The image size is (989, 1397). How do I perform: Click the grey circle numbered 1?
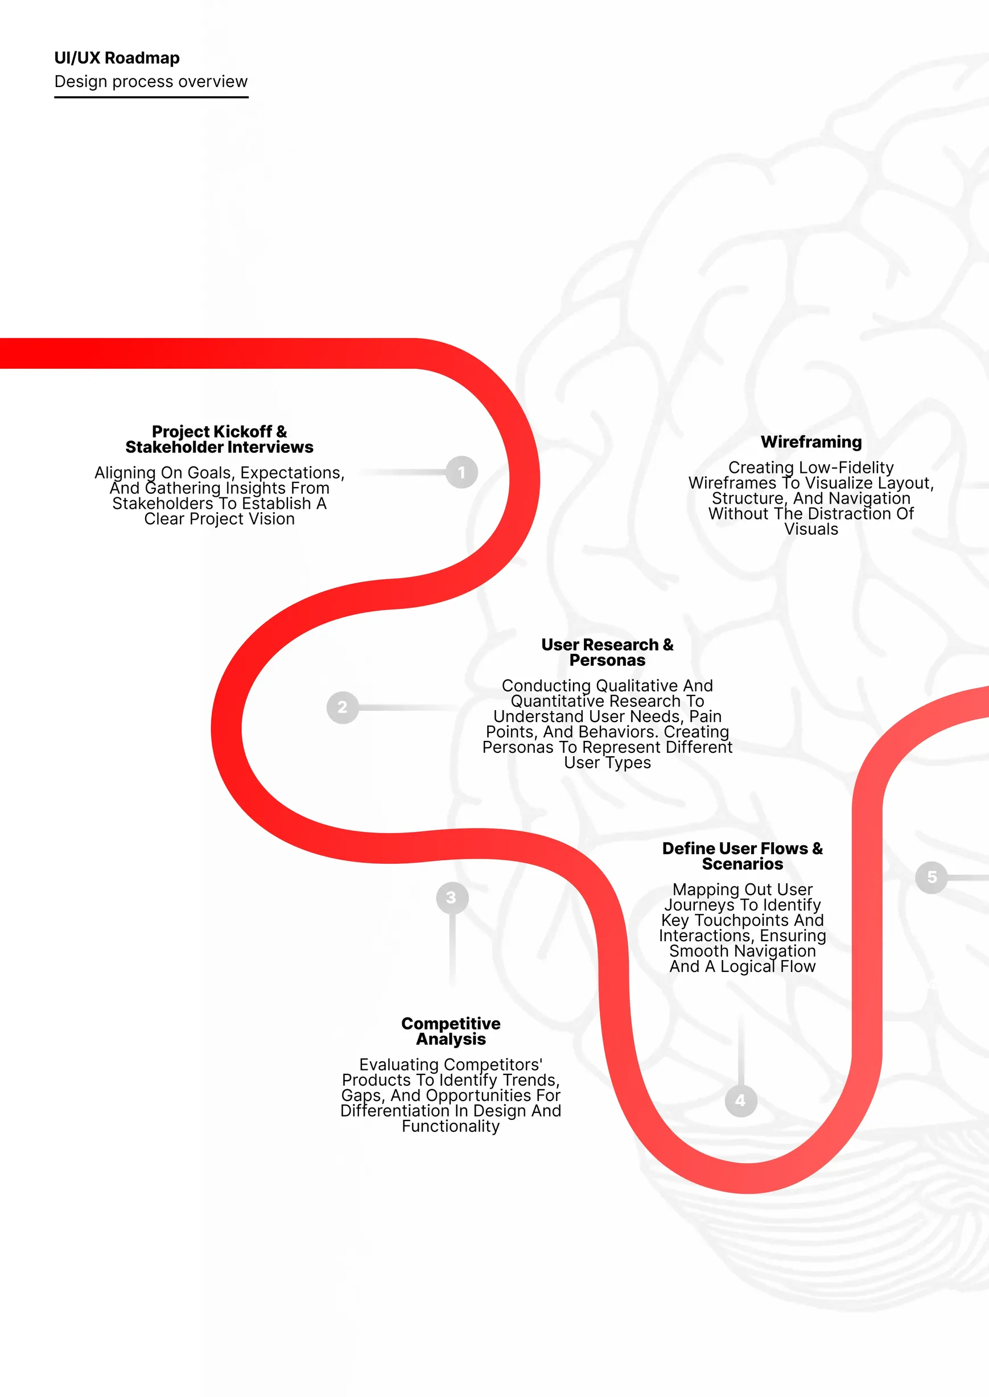click(x=461, y=472)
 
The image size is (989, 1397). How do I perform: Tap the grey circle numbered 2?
click(x=342, y=707)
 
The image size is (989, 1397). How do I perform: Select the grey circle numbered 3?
click(x=451, y=897)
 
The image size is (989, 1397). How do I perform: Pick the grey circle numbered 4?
click(x=740, y=1100)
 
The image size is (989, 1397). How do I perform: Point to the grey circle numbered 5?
click(x=931, y=877)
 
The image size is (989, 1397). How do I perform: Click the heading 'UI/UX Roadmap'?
click(x=117, y=58)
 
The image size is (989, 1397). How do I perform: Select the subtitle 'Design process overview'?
click(x=150, y=81)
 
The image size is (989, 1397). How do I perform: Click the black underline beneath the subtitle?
click(x=151, y=97)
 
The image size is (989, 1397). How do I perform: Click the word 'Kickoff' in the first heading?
click(x=242, y=432)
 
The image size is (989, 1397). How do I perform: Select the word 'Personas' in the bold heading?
click(x=607, y=661)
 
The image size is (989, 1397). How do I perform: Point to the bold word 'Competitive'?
click(x=451, y=1024)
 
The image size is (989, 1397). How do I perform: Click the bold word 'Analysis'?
click(x=451, y=1040)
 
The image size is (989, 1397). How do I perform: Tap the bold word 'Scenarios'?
click(x=743, y=864)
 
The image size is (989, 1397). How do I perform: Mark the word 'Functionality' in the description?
click(x=451, y=1127)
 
